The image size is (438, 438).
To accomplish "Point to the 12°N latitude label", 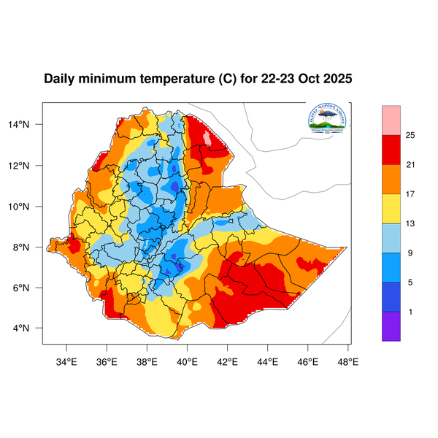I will [28, 166].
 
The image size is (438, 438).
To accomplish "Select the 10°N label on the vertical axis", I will [28, 207].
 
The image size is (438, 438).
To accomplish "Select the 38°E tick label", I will [147, 360].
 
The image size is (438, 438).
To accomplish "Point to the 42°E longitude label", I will [228, 360].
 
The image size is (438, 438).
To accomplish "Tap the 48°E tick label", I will [347, 360].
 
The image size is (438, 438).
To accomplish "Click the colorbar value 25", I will [410, 135].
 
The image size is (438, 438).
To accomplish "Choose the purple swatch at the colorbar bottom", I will [391, 326].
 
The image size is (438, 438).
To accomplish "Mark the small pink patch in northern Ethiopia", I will [207, 137].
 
